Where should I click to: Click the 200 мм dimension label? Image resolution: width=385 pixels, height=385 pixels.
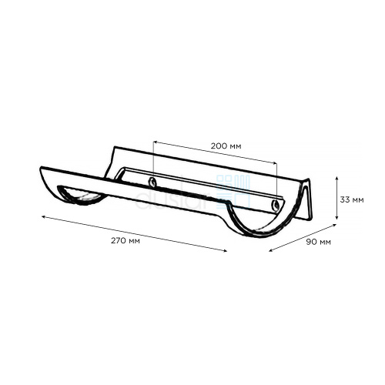[x=226, y=146]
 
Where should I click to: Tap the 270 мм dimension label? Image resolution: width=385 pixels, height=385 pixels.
[x=126, y=241]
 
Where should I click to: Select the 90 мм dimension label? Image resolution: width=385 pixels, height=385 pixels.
[x=318, y=242]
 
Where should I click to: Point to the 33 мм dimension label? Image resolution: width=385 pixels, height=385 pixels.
[x=352, y=199]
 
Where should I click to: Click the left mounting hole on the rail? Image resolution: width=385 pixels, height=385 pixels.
[x=153, y=182]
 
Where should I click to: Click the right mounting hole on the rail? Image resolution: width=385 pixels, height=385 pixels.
[x=276, y=205]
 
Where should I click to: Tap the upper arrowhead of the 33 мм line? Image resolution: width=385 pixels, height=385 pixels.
[x=337, y=178]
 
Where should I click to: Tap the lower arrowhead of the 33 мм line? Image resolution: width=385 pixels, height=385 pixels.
[x=337, y=218]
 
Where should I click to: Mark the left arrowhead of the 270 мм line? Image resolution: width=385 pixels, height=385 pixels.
[x=44, y=217]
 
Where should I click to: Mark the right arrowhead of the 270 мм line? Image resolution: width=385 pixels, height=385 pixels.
[x=225, y=251]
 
